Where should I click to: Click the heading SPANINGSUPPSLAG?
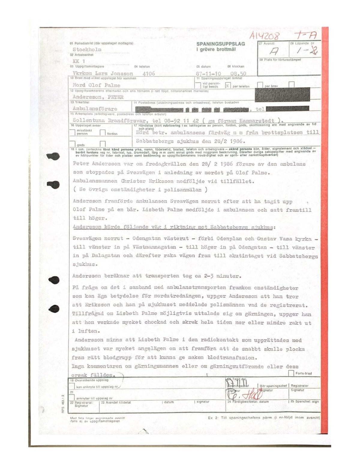click(220, 44)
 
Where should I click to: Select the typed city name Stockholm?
click(87, 50)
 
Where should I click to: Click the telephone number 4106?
click(149, 74)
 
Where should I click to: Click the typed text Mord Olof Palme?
click(96, 85)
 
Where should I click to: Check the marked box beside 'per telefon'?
click(228, 85)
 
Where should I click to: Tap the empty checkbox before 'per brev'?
click(260, 85)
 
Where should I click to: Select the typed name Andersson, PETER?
click(98, 97)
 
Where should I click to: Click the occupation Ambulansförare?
click(95, 109)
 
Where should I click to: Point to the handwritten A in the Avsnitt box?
click(274, 51)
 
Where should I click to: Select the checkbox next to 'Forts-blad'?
click(291, 373)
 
